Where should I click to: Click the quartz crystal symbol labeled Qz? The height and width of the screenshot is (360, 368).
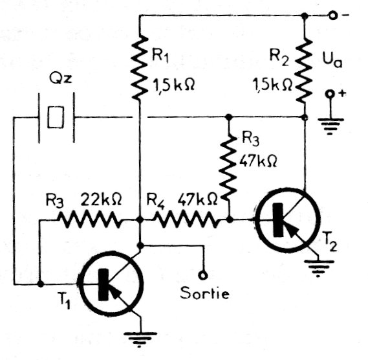[x=56, y=117]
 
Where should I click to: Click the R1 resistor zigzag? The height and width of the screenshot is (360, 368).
[x=140, y=67]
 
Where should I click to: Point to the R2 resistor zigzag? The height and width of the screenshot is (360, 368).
[x=304, y=71]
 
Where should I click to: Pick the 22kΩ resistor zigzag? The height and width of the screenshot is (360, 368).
[x=90, y=219]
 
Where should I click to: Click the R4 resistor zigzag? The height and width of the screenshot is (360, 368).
[x=186, y=219]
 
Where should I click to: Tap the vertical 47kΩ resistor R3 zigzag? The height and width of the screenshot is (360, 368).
[x=228, y=168]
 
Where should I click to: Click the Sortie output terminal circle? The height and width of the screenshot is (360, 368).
[x=203, y=275]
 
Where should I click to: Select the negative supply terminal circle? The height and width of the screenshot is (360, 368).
[x=333, y=16]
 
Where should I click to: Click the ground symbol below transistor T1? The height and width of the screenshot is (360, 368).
[x=140, y=339]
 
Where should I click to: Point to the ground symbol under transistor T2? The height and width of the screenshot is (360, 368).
[x=318, y=269]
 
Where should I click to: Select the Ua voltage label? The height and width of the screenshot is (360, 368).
[x=332, y=61]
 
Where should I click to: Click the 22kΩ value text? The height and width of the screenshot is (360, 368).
[x=101, y=199]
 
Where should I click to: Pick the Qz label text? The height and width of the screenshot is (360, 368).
[x=61, y=79]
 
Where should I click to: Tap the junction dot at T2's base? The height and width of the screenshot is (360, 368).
[x=230, y=219]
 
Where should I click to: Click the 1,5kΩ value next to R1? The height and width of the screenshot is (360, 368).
[x=174, y=85]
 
